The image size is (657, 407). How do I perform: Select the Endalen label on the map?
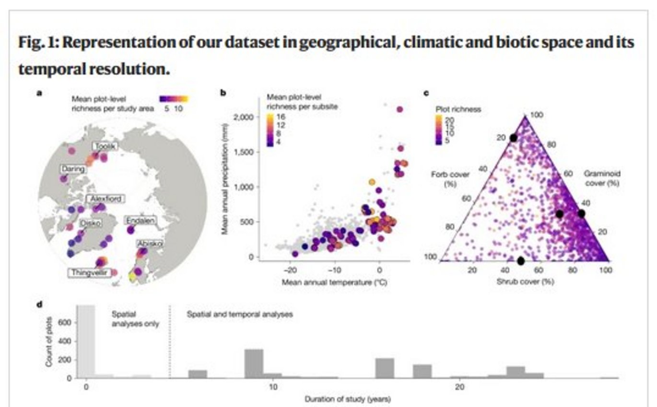pyautogui.click(x=138, y=220)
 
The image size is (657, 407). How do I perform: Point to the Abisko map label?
pyautogui.click(x=149, y=243)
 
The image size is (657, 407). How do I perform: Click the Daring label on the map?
pyautogui.click(x=73, y=169)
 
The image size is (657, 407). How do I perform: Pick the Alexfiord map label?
pyautogui.click(x=105, y=198)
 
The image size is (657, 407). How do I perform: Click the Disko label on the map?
pyautogui.click(x=90, y=223)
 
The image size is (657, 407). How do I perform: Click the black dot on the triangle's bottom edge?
pyautogui.click(x=521, y=261)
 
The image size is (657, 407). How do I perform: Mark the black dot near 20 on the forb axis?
pyautogui.click(x=513, y=138)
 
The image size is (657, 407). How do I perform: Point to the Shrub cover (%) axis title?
pyautogui.click(x=525, y=282)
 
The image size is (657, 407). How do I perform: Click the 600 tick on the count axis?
pyautogui.click(x=65, y=323)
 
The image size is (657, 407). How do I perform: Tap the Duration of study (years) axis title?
pyautogui.click(x=347, y=399)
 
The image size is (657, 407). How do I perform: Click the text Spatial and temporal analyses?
pyautogui.click(x=239, y=315)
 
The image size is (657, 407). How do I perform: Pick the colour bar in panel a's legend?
pyautogui.click(x=174, y=99)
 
